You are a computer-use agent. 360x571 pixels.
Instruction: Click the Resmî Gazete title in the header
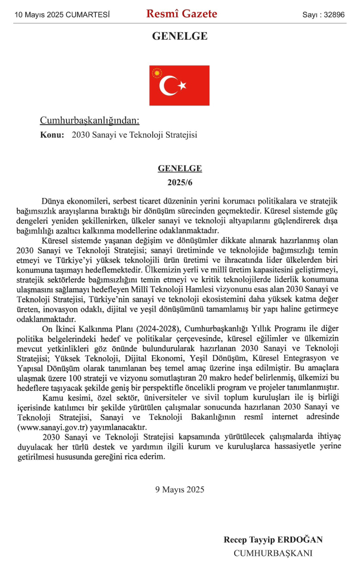pyautogui.click(x=182, y=14)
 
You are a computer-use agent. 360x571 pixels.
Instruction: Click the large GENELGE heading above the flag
pyautogui.click(x=179, y=37)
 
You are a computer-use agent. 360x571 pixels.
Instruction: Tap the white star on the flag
pyautogui.click(x=182, y=86)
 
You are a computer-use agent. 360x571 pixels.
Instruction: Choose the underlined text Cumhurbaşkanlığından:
pyautogui.click(x=89, y=120)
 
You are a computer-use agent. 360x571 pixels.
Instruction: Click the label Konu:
pyautogui.click(x=52, y=135)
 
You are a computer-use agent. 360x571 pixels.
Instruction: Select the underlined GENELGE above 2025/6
pyautogui.click(x=179, y=168)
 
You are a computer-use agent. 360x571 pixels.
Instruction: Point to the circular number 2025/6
pyautogui.click(x=179, y=182)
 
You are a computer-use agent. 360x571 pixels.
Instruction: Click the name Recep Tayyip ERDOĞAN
pyautogui.click(x=273, y=540)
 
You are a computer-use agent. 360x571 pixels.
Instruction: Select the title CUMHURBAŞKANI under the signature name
pyautogui.click(x=273, y=553)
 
